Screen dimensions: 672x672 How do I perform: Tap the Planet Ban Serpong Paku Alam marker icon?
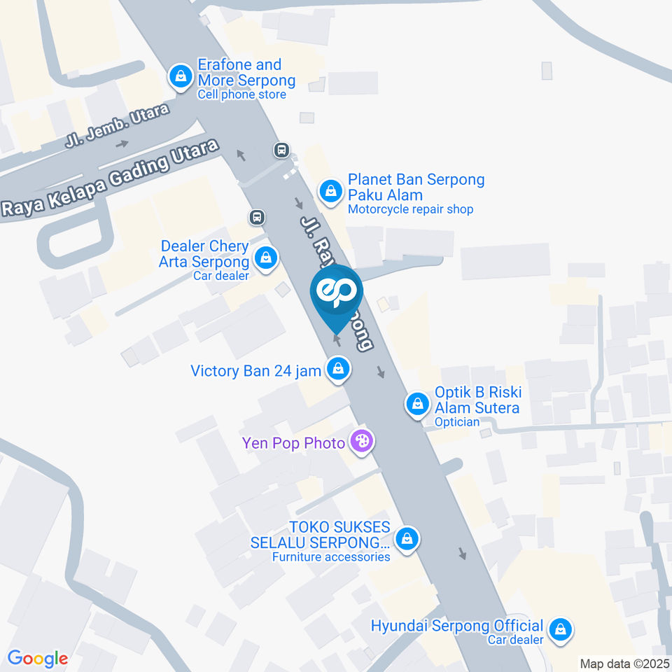point(330,191)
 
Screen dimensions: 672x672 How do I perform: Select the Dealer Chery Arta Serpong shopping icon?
point(266,259)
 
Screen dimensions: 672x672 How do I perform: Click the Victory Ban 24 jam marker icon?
point(338,369)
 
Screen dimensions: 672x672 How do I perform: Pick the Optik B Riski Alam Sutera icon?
point(418,405)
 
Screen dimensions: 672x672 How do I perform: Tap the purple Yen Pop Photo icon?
point(362,442)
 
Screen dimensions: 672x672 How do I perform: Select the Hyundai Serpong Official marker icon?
point(560,629)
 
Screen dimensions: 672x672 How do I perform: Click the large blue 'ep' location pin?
point(337,293)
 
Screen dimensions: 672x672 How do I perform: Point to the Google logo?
point(38,659)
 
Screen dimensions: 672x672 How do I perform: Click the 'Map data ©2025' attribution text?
point(624,663)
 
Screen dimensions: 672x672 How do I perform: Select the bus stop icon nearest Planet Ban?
point(281,150)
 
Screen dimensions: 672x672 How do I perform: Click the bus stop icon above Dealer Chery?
point(257,217)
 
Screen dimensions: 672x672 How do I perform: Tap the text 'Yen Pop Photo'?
point(293,443)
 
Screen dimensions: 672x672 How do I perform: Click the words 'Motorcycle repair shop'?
point(411,209)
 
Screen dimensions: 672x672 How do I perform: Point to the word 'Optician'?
point(457,422)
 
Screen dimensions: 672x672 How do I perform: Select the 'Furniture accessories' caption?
point(332,557)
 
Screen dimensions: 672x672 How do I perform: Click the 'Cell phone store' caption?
point(241,94)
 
